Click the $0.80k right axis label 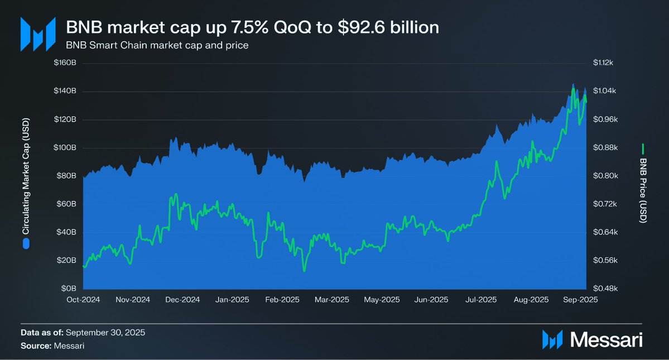(x=603, y=176)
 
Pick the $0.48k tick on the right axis (x=603, y=289)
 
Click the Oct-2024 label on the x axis (x=83, y=300)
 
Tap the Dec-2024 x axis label (x=182, y=300)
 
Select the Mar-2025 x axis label (x=331, y=300)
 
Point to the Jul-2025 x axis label (x=481, y=300)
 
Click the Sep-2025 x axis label (x=581, y=300)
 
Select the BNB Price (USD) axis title (x=643, y=190)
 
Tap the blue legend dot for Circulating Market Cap (x=25, y=243)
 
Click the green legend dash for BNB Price (x=643, y=148)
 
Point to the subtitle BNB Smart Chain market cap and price (x=157, y=45)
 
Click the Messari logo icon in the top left (x=38, y=34)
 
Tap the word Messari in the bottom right (x=607, y=339)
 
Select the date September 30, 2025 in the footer (x=105, y=333)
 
